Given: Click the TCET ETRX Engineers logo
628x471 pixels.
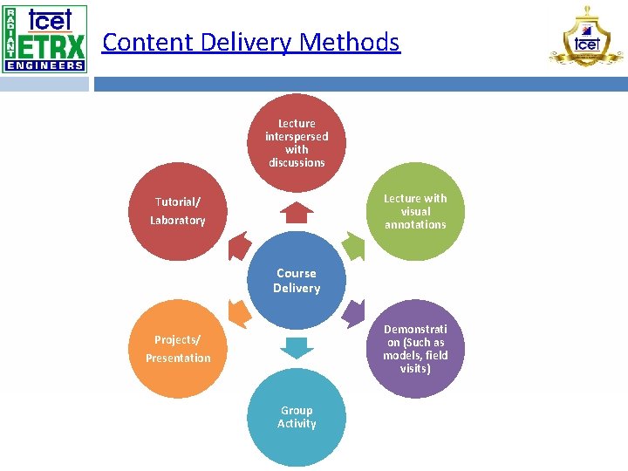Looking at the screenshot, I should [44, 38].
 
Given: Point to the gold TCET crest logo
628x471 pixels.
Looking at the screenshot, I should [587, 38].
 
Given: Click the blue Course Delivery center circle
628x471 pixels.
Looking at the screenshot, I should [297, 280].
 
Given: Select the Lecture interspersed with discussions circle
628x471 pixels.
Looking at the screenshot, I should [297, 143].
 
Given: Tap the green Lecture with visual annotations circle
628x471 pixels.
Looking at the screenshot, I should [415, 211].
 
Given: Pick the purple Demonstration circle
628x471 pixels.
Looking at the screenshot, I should [415, 349].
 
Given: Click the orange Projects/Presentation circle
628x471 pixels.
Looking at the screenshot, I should [178, 349].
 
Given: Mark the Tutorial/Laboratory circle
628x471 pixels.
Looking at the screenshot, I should [178, 211].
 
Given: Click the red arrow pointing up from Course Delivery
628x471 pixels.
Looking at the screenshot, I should [297, 212].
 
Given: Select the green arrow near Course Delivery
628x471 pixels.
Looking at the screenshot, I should [352, 247].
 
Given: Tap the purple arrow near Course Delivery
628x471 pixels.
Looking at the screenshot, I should [352, 312].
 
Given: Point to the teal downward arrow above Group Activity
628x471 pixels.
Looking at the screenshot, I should [297, 347].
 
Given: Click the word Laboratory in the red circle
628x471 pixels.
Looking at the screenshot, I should [178, 221].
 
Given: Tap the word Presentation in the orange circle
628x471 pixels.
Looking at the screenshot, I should [178, 358].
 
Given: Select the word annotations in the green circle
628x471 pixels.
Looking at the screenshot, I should [415, 225].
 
